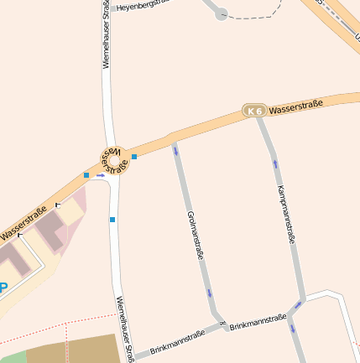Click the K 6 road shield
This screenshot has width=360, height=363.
click(254, 111)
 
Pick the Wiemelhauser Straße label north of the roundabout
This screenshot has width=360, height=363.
click(107, 34)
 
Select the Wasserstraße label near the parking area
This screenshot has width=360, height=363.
click(23, 225)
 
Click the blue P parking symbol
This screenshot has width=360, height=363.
click(3, 288)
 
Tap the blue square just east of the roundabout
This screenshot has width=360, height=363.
click(134, 157)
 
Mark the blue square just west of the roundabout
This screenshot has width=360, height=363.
click(86, 174)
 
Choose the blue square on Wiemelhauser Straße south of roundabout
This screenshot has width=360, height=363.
click(112, 220)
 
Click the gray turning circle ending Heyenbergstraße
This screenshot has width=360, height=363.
click(222, 13)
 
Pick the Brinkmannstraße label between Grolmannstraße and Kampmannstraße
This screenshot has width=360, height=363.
click(258, 321)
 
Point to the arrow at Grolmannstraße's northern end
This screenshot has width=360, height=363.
click(176, 151)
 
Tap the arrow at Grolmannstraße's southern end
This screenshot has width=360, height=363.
click(210, 293)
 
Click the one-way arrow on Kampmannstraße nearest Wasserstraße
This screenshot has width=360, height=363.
click(275, 163)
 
